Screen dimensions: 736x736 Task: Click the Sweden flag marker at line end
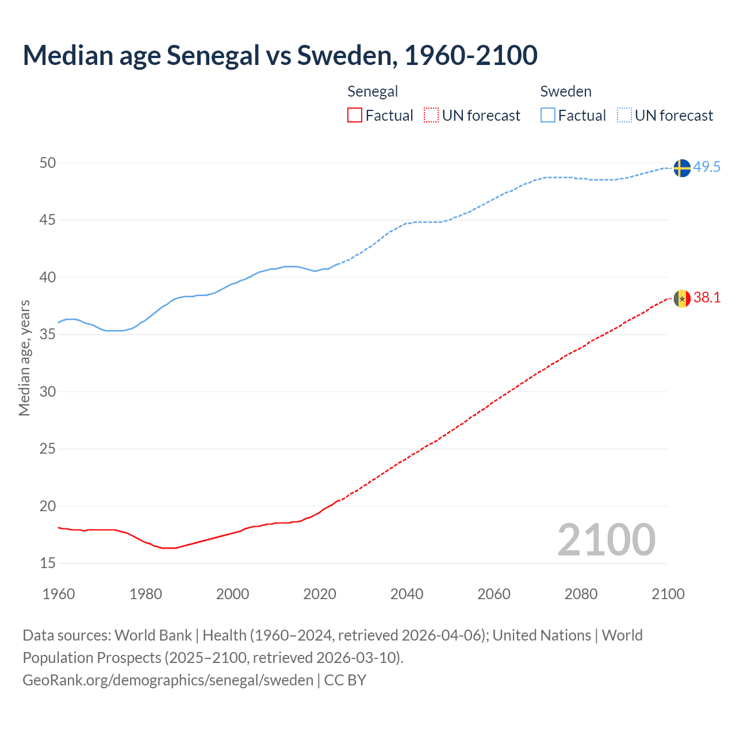click(x=682, y=168)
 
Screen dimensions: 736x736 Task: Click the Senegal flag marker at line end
click(x=682, y=298)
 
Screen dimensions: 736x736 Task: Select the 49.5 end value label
click(x=707, y=167)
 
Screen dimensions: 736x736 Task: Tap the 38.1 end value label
click(x=707, y=297)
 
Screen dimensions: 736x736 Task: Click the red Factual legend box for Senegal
click(x=355, y=116)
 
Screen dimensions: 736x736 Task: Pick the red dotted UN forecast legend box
click(x=431, y=116)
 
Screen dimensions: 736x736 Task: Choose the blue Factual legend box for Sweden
click(x=547, y=116)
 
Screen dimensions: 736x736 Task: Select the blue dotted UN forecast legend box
click(x=624, y=116)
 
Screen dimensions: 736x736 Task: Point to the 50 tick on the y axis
click(x=48, y=163)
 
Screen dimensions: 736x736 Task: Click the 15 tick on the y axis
click(x=48, y=563)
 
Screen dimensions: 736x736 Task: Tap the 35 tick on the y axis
click(x=48, y=334)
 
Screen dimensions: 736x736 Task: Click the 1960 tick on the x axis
click(x=59, y=594)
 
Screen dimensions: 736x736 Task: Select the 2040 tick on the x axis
click(x=407, y=594)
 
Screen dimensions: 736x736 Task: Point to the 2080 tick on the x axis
click(x=581, y=594)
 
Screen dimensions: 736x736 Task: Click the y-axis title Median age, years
click(x=24, y=358)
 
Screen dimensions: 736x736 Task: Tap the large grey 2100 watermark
click(x=606, y=539)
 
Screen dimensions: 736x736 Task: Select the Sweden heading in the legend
click(x=566, y=91)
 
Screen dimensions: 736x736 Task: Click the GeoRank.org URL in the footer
click(x=168, y=680)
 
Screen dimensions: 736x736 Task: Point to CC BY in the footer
click(x=345, y=680)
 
